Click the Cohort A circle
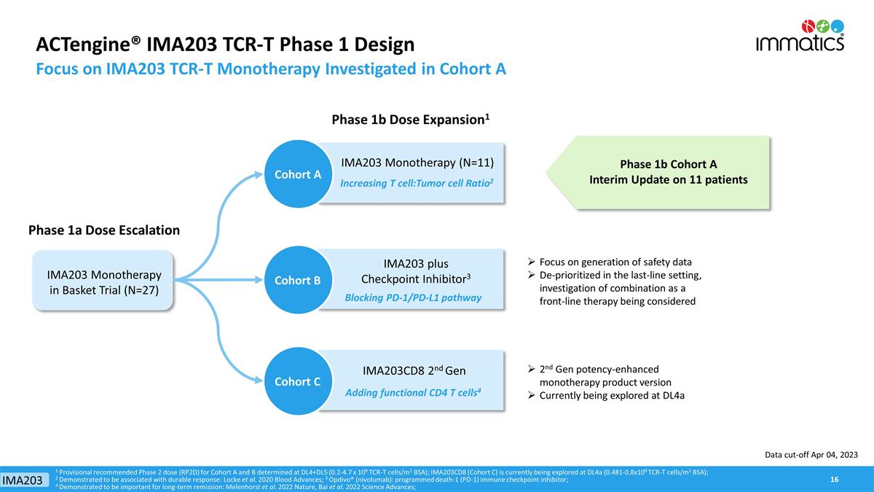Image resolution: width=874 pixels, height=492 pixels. point(297,174)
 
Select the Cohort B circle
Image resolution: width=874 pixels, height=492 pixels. point(297,280)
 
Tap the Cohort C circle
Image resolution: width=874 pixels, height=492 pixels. point(297,381)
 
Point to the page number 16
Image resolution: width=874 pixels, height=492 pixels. point(834,479)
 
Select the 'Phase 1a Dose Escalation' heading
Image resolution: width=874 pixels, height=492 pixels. point(103,230)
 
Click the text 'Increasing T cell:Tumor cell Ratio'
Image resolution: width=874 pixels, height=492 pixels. point(417,183)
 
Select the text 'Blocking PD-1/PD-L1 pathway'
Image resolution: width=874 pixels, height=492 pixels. point(413,297)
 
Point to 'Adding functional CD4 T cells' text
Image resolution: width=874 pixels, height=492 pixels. point(413,393)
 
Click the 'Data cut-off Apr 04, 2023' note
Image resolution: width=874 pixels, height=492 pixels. point(811,455)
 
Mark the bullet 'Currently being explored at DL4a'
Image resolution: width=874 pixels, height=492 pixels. point(612,396)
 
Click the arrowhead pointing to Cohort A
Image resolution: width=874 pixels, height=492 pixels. point(258,174)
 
